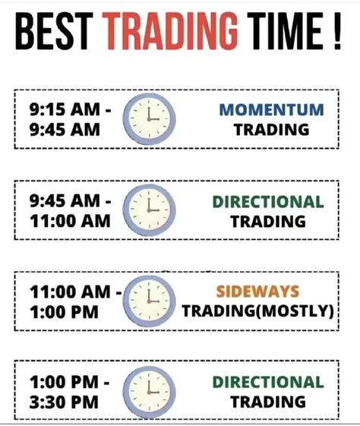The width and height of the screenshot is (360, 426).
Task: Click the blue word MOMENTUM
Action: tap(271, 110)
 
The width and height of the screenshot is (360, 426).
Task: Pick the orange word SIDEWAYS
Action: tap(257, 292)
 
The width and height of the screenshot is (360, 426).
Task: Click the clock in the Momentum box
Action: tap(149, 120)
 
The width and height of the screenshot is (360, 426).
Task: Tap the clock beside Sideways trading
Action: tap(149, 301)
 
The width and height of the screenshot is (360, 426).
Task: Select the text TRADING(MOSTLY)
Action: tap(257, 311)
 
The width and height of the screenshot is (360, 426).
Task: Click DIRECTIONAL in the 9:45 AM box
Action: tap(268, 202)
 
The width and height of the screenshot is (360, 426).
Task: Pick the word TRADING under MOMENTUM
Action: tap(271, 129)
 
